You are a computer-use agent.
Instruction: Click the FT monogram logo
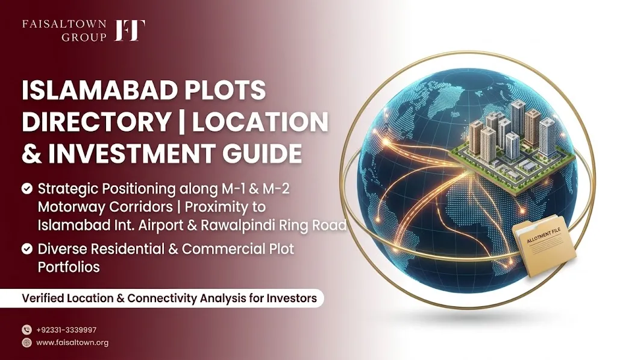pyautogui.click(x=130, y=30)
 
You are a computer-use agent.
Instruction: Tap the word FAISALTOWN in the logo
pyautogui.click(x=64, y=24)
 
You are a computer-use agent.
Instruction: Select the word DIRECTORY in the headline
pyautogui.click(x=96, y=121)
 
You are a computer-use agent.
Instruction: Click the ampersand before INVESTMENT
pyautogui.click(x=32, y=153)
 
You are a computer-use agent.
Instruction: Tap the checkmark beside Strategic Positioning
pyautogui.click(x=27, y=189)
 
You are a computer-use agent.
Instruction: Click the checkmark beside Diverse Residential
pyautogui.click(x=27, y=249)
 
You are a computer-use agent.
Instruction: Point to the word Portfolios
pyautogui.click(x=69, y=267)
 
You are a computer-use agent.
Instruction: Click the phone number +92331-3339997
pyautogui.click(x=66, y=330)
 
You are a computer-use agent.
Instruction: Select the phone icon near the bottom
pyautogui.click(x=27, y=330)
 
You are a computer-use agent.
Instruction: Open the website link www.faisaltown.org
pyautogui.click(x=72, y=343)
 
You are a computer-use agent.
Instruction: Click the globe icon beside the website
pyautogui.click(x=27, y=343)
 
